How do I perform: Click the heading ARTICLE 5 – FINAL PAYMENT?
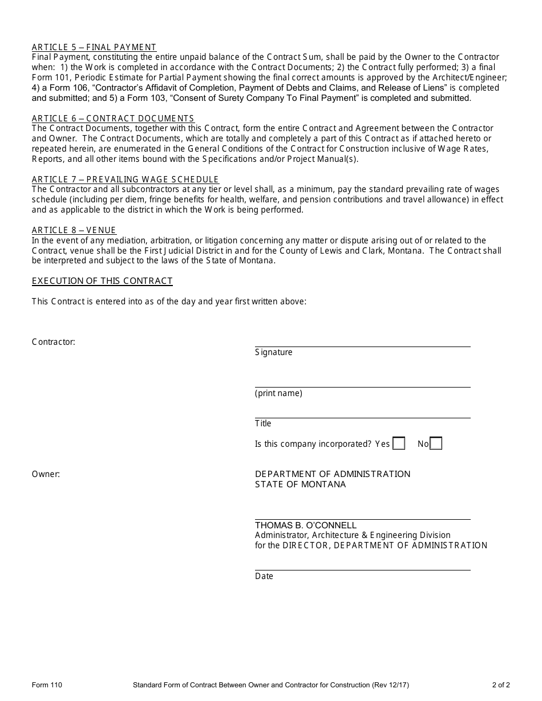pyautogui.click(x=94, y=47)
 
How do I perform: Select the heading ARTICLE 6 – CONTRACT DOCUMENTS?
pyautogui.click(x=113, y=119)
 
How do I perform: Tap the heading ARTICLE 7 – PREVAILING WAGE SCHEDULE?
pyautogui.click(x=126, y=180)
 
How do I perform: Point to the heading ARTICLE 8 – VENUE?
pyautogui.click(x=74, y=230)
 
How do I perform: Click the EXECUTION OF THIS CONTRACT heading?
pyautogui.click(x=102, y=281)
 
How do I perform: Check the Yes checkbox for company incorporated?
pyautogui.click(x=399, y=443)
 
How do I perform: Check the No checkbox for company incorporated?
pyautogui.click(x=436, y=443)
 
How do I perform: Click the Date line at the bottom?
pyautogui.click(x=362, y=566)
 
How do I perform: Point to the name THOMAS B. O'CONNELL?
pyautogui.click(x=306, y=525)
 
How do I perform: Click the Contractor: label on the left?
pyautogui.click(x=54, y=342)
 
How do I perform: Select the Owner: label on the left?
pyautogui.click(x=46, y=474)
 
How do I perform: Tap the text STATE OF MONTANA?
pyautogui.click(x=301, y=484)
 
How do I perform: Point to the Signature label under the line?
pyautogui.click(x=274, y=352)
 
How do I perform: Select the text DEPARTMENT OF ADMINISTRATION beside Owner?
pyautogui.click(x=333, y=474)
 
